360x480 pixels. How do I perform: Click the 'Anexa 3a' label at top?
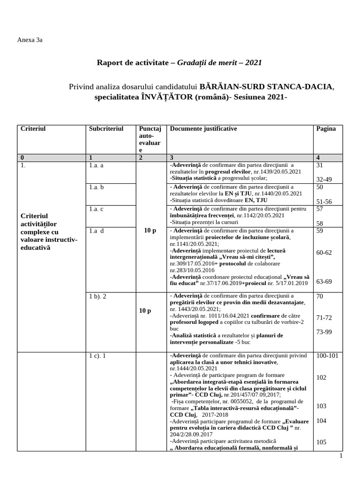[30, 40]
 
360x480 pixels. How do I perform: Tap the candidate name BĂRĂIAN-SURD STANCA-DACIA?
[267, 87]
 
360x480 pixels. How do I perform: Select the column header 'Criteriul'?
[33, 128]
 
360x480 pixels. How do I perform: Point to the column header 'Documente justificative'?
[203, 128]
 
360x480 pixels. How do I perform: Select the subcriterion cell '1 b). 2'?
[97, 296]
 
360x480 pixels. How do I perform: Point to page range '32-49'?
[325, 179]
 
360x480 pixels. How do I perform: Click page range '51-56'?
[324, 201]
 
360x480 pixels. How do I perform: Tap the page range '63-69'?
[324, 281]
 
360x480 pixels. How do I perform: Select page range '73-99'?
[324, 332]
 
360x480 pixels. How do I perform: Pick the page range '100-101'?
[327, 356]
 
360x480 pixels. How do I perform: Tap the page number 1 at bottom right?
[341, 456]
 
